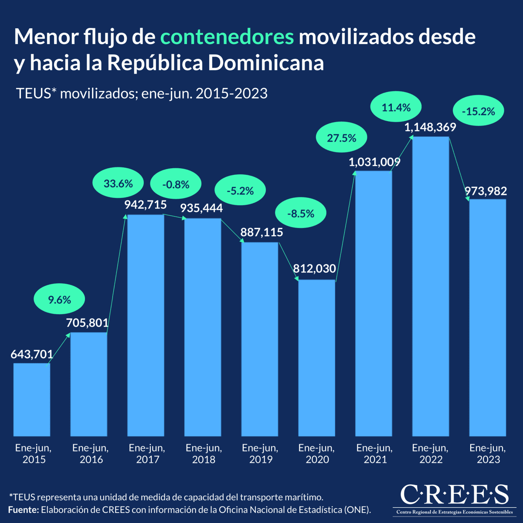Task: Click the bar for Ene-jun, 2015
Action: (x=32, y=400)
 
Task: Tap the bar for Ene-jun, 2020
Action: (x=317, y=358)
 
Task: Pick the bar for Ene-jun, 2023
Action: (x=488, y=318)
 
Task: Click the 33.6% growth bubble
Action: (x=118, y=183)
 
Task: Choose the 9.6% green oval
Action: (x=59, y=299)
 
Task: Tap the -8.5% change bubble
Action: (x=301, y=214)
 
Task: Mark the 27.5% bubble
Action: (x=342, y=138)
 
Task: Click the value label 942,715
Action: (x=146, y=205)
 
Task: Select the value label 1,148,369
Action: (x=430, y=127)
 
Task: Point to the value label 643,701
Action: (x=32, y=354)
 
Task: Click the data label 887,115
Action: (x=261, y=232)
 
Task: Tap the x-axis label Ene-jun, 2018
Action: (x=204, y=454)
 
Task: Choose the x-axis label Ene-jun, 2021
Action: (x=374, y=454)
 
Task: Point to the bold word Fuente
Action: (x=24, y=509)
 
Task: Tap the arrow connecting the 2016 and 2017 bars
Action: (x=116, y=275)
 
